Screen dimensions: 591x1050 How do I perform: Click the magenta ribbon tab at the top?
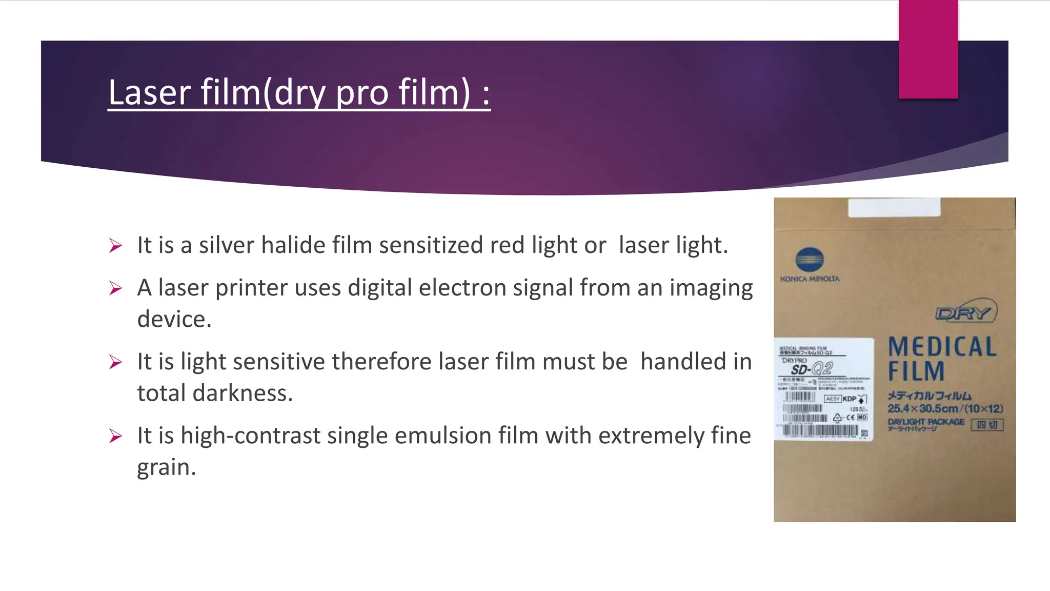(928, 49)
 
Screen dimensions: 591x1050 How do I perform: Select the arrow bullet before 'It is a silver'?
(115, 246)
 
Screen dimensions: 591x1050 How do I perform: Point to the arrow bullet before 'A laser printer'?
(115, 288)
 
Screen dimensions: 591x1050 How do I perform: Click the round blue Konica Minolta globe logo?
(810, 260)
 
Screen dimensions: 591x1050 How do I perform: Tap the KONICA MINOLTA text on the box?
(810, 279)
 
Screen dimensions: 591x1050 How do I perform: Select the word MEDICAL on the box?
(942, 347)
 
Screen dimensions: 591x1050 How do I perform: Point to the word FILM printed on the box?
(916, 371)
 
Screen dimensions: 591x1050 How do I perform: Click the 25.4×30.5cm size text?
(923, 408)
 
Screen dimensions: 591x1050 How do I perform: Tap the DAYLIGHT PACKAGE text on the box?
(926, 422)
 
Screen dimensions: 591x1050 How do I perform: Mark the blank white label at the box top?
(894, 208)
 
